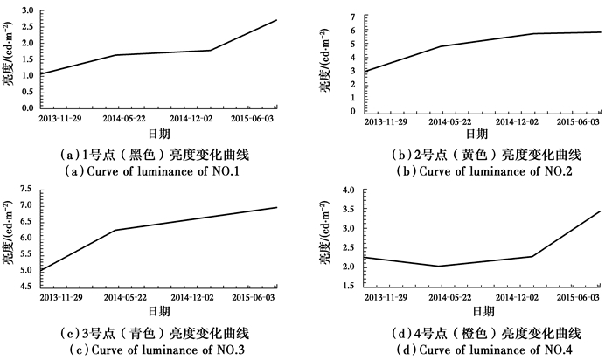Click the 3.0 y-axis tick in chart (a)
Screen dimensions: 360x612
point(27,10)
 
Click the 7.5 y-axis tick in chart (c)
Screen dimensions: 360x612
point(27,190)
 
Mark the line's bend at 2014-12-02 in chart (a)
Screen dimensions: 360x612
point(210,50)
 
